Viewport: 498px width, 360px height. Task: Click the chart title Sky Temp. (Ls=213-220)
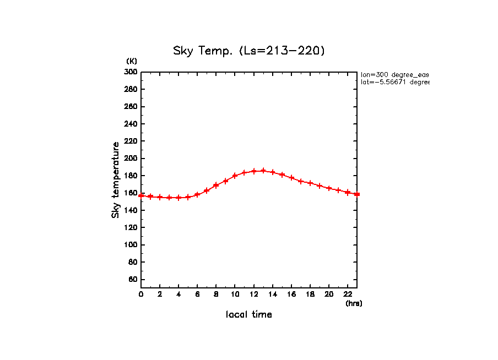point(249,51)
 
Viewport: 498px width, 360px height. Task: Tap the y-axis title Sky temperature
point(116,179)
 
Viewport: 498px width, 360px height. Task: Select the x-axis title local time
point(249,315)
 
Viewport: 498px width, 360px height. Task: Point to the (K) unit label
point(132,61)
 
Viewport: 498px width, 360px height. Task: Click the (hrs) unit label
point(354,303)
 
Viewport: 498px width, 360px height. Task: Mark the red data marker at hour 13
point(263,171)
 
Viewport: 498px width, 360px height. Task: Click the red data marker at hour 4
point(178,198)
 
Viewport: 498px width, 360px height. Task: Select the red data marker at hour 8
point(216,185)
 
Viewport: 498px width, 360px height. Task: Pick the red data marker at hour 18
point(310,183)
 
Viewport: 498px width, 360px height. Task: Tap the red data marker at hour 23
point(357,194)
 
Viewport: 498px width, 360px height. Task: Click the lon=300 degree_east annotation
point(394,74)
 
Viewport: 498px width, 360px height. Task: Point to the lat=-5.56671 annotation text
point(394,82)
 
